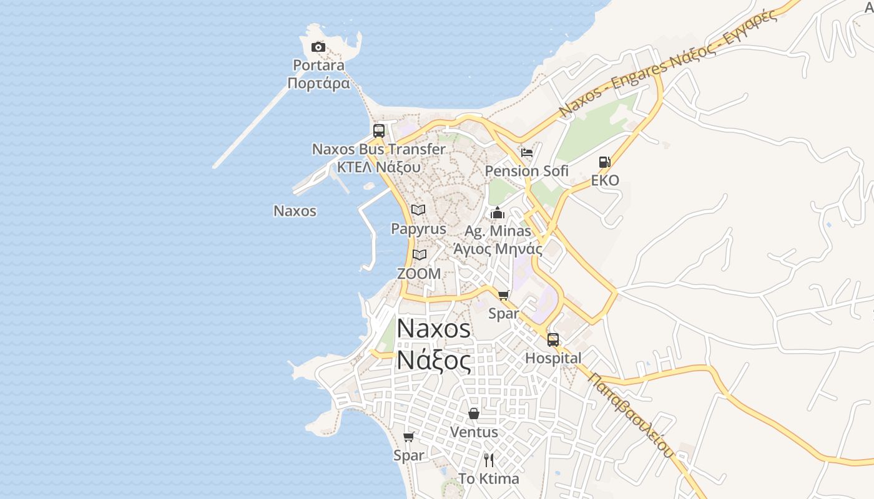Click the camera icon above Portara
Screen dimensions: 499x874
318,47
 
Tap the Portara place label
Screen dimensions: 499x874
319,65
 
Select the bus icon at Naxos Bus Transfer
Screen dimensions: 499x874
379,131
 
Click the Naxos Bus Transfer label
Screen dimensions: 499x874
379,150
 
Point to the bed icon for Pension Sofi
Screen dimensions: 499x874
527,153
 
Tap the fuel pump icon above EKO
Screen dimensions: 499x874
604,162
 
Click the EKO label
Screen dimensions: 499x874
606,181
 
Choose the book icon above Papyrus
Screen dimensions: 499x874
418,210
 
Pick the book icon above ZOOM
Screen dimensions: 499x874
419,254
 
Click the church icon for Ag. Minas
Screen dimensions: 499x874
498,213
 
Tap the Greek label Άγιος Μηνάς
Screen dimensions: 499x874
498,249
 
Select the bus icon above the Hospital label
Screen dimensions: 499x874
553,340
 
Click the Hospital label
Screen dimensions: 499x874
553,358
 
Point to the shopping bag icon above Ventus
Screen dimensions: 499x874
474,414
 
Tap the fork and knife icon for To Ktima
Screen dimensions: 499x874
489,460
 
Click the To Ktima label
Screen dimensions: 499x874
489,479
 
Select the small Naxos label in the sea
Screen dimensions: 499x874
295,211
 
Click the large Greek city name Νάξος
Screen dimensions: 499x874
434,361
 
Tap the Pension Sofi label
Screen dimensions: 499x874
527,171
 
